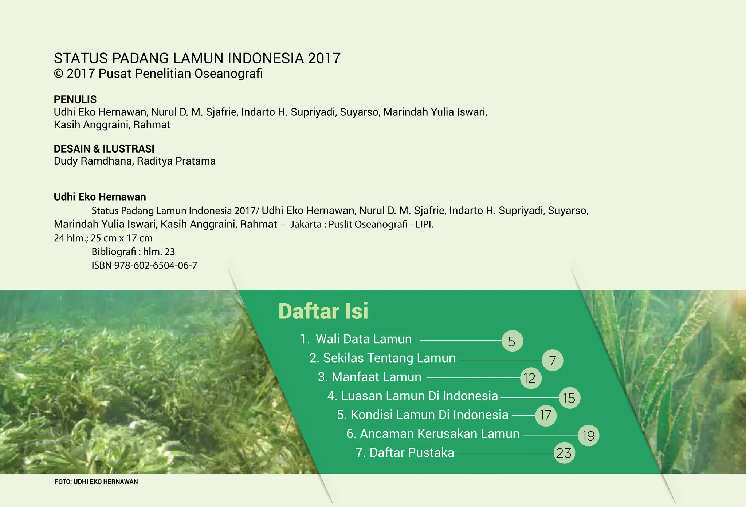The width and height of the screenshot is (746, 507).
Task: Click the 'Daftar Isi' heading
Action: click(323, 311)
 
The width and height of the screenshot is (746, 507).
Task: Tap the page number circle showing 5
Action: click(512, 341)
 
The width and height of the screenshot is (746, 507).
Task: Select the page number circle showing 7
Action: click(552, 360)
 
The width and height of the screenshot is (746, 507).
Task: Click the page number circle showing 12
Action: click(530, 378)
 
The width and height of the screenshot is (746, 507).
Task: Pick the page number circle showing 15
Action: click(569, 398)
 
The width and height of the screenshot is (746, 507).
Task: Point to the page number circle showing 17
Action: click(546, 415)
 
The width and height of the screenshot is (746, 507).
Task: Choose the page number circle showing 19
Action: click(588, 436)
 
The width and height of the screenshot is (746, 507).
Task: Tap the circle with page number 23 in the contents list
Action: click(564, 453)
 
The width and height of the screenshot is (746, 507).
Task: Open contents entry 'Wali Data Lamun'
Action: click(363, 339)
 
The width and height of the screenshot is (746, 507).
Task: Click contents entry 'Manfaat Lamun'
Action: click(376, 377)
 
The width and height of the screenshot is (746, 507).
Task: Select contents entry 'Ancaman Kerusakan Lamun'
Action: click(439, 434)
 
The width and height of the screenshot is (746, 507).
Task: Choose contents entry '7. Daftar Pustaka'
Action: click(405, 453)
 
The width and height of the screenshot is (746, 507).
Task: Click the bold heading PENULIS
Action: click(75, 99)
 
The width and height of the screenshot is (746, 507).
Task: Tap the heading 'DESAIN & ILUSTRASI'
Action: click(104, 149)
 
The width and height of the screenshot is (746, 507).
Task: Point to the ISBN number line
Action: click(144, 265)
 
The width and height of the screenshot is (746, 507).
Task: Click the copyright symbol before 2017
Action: click(58, 74)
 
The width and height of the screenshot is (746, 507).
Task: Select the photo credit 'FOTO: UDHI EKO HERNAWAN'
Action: click(96, 482)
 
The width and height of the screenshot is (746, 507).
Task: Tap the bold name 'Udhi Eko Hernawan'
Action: click(100, 197)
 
